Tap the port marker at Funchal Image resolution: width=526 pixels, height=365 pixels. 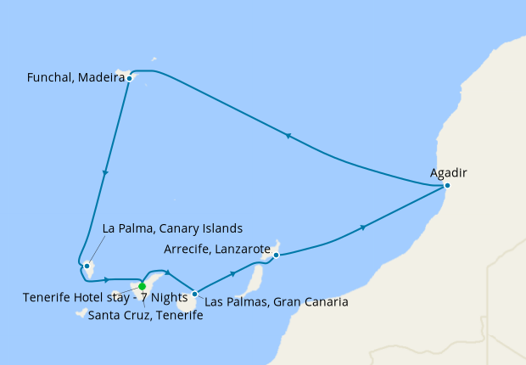click(129, 78)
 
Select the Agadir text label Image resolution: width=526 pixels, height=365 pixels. click(449, 173)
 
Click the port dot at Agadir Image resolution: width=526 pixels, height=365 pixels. click(447, 185)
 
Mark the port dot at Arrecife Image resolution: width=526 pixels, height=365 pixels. click(276, 254)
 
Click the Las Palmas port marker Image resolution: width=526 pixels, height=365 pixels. click(195, 294)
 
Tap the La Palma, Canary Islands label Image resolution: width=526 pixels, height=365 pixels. click(172, 228)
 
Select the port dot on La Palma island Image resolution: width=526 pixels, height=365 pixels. click(87, 266)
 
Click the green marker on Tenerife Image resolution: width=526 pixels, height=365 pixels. click(143, 286)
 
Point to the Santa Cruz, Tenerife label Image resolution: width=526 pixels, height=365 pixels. click(145, 315)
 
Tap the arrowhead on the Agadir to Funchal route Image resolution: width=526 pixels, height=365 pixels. click(288, 136)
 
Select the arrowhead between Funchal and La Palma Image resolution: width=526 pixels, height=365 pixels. click(105, 172)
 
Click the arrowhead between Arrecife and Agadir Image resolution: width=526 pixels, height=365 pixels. click(364, 227)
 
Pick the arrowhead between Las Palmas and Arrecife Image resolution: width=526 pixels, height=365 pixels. click(232, 274)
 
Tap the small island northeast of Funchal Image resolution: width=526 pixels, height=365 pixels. click(153, 59)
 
